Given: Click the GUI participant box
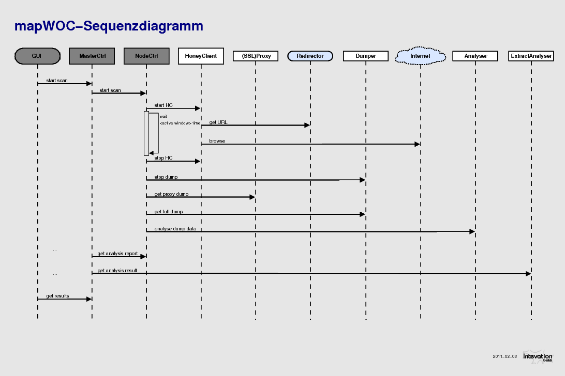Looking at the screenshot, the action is click(x=37, y=56).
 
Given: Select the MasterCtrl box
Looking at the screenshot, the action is click(x=92, y=56).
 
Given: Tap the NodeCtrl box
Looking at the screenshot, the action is click(x=146, y=56).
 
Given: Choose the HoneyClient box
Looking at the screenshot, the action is click(x=201, y=56).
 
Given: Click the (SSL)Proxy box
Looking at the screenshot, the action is click(x=256, y=56).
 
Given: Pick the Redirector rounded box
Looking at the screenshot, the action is click(x=310, y=56).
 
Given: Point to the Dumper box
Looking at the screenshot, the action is click(x=366, y=56).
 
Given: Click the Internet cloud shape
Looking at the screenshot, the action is click(x=421, y=56).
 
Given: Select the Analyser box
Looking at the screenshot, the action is click(x=475, y=56).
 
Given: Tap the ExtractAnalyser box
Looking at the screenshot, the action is click(x=531, y=56).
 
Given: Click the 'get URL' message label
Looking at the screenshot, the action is click(x=218, y=122).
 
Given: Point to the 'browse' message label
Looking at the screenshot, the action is click(x=217, y=141).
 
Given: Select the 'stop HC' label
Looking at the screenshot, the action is click(x=163, y=158).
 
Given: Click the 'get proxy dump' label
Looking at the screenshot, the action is click(x=172, y=194).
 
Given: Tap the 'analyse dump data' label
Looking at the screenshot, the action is click(x=175, y=229).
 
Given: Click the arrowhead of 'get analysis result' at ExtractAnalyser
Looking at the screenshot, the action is click(x=529, y=274).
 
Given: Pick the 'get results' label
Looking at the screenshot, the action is click(x=57, y=296).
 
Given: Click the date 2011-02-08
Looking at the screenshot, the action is click(x=505, y=356).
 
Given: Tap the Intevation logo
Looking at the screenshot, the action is click(x=538, y=356).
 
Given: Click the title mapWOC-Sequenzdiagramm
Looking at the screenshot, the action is click(x=109, y=26).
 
